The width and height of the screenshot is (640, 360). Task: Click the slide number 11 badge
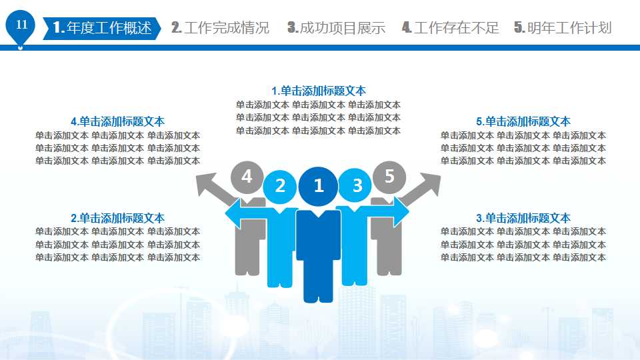click(21, 26)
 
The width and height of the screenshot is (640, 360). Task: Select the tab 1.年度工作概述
click(101, 28)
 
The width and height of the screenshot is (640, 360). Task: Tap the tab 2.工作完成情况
click(221, 28)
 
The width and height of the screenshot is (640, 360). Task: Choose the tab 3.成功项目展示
click(337, 28)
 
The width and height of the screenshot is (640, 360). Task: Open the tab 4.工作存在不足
click(451, 28)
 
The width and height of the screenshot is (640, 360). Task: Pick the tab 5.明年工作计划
click(563, 28)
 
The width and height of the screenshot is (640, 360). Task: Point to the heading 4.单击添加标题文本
click(117, 121)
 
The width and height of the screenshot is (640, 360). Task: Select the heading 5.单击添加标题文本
click(523, 121)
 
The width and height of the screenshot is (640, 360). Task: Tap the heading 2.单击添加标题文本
click(117, 218)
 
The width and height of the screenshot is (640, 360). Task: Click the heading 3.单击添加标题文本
click(523, 218)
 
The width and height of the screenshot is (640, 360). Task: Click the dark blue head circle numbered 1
click(319, 185)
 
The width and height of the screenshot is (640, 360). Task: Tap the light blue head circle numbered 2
click(281, 186)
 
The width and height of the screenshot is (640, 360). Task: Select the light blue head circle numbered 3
click(357, 185)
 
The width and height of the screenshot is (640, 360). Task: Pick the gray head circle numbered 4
click(247, 177)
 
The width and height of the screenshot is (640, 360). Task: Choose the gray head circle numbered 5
click(390, 177)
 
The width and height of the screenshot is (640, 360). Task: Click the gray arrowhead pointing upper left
click(206, 183)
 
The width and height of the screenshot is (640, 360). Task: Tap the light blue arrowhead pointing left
click(233, 214)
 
